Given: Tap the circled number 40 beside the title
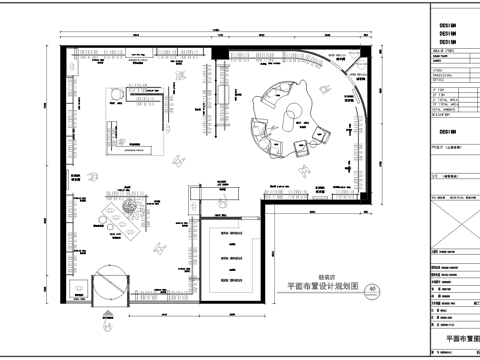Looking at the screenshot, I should (x=373, y=290).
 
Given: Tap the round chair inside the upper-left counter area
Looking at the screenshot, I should (x=116, y=95).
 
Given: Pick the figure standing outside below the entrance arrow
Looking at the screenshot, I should (x=107, y=322).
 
